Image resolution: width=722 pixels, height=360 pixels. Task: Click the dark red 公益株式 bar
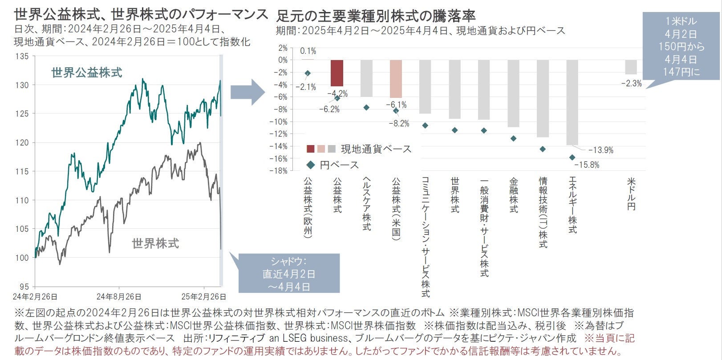[x=337, y=73]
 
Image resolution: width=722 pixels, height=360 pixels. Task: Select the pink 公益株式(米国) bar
[x=396, y=79]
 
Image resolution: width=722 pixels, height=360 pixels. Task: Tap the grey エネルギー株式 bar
[x=572, y=102]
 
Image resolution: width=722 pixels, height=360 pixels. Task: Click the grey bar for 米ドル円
[x=631, y=67]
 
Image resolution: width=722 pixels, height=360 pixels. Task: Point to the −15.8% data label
[x=587, y=165]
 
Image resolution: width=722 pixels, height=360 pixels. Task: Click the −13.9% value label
[x=600, y=150]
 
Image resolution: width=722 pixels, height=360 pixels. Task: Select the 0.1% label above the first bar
[x=308, y=51]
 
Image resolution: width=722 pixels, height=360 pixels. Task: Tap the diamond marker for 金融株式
[x=513, y=138]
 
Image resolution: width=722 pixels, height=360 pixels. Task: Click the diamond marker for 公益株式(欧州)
[x=308, y=73]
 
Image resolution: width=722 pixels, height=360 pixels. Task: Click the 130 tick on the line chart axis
[x=22, y=85]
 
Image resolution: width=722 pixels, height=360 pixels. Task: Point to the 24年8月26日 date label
[x=119, y=296]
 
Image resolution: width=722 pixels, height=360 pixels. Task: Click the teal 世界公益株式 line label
[x=87, y=73]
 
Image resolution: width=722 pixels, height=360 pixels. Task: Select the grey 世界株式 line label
[x=155, y=243]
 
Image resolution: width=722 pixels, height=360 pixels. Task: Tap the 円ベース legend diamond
[x=311, y=165]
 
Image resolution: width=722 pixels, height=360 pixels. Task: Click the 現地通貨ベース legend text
[x=376, y=149]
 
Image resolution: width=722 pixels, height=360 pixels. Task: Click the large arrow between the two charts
[x=247, y=92]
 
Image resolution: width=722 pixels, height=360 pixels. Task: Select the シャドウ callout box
[x=289, y=273]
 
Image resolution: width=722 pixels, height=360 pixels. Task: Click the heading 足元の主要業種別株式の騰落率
[x=376, y=16]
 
